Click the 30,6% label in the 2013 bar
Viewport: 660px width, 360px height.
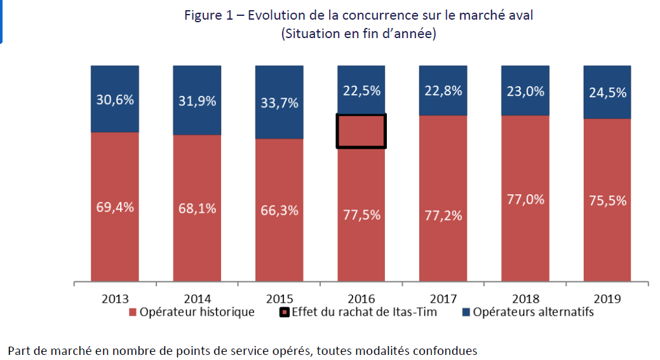tap(115, 100)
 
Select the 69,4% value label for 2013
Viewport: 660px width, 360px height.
tap(115, 207)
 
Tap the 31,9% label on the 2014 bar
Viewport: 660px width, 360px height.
tap(197, 101)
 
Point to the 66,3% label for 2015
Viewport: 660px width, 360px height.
tap(279, 210)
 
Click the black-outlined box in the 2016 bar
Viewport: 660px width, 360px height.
tap(361, 131)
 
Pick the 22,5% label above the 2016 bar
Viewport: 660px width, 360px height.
tap(361, 91)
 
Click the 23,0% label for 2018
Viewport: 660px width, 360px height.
tap(525, 91)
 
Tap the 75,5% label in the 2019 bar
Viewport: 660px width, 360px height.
tap(607, 201)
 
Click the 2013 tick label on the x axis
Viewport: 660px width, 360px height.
tap(115, 298)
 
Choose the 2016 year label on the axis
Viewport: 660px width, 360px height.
tap(361, 298)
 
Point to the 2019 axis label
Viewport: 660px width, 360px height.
tap(607, 298)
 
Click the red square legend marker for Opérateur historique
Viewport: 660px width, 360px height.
tap(133, 312)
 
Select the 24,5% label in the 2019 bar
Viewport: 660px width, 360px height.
tap(607, 92)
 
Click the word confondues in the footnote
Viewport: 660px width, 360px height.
tap(444, 350)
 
